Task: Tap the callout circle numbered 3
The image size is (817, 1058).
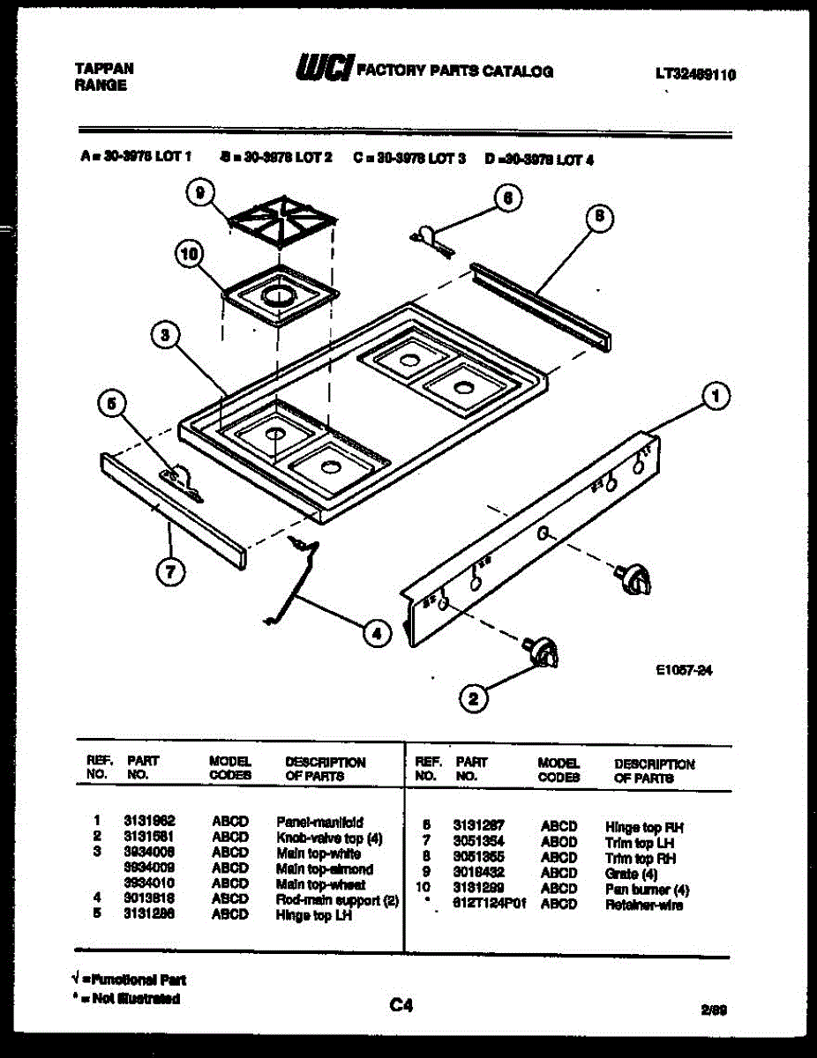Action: coord(165,335)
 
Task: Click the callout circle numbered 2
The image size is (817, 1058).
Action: coord(474,699)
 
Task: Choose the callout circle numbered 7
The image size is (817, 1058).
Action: coord(170,572)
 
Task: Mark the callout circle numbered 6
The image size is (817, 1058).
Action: coord(507,198)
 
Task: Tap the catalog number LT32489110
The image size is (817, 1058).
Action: coord(695,75)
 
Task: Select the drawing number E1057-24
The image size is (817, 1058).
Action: coord(684,670)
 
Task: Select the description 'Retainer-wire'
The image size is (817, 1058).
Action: coord(644,905)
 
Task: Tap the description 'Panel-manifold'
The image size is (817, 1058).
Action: coord(319,821)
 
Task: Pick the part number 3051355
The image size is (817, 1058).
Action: coord(479,858)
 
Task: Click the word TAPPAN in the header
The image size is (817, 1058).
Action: coord(104,68)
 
